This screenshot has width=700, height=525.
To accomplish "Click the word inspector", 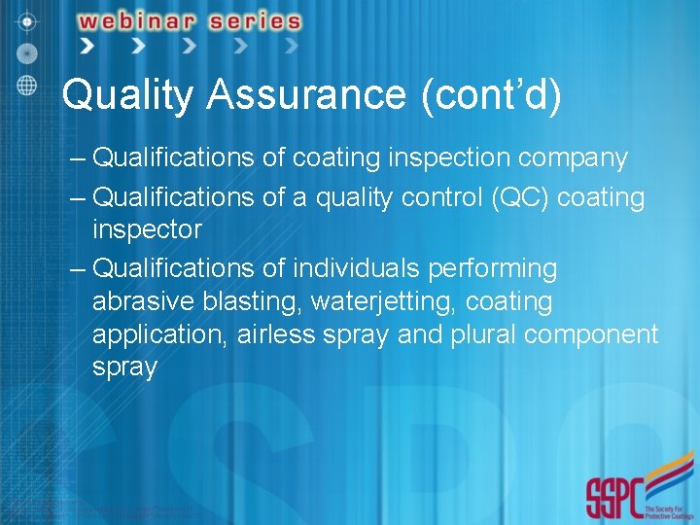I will [x=147, y=230].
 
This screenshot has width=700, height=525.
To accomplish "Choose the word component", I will [x=594, y=334].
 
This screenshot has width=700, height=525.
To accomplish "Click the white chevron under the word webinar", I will [x=137, y=46].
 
